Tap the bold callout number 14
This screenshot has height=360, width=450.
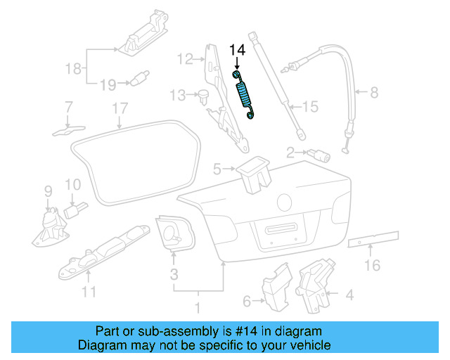point(238,51)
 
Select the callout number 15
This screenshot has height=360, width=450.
point(310,107)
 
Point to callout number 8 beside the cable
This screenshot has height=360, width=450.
point(374,91)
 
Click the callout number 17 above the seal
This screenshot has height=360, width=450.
point(120,108)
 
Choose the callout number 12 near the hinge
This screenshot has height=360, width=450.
point(184,59)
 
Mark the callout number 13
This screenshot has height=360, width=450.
point(175,94)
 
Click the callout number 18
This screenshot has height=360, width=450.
point(73,68)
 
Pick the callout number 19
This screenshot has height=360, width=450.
point(107,84)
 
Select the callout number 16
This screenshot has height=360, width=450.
point(372,265)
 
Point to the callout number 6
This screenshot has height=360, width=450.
point(246,302)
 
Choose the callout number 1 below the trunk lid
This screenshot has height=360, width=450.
point(198,307)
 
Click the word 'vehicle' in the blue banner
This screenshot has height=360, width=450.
point(309,346)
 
